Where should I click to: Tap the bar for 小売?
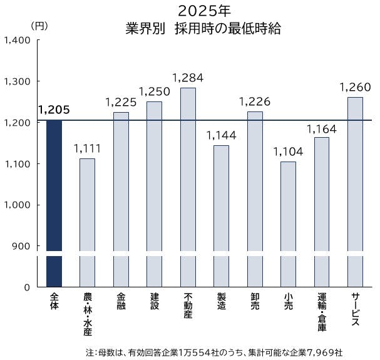point(288,222)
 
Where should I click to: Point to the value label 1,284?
point(188,78)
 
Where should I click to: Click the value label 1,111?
point(88,149)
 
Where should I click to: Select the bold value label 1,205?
point(54,110)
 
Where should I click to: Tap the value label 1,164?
point(321,128)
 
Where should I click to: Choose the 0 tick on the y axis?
point(27,287)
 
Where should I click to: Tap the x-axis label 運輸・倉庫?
point(321,313)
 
